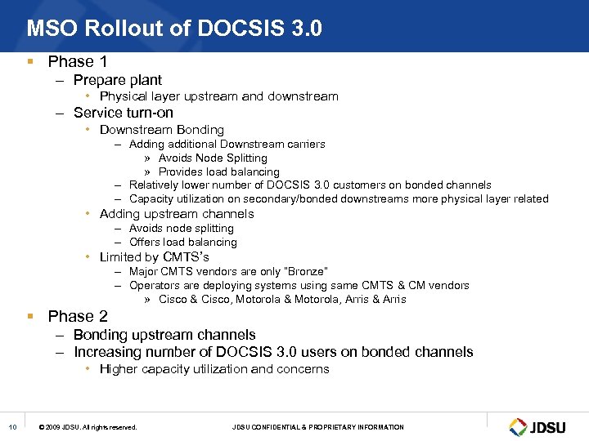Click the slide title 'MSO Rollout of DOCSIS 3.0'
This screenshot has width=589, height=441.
pyautogui.click(x=174, y=29)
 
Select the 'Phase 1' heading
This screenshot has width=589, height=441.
pyautogui.click(x=78, y=61)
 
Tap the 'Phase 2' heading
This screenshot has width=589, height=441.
pyautogui.click(x=78, y=316)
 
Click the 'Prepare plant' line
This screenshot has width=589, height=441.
pyautogui.click(x=118, y=80)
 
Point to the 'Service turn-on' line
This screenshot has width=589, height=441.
pyautogui.click(x=124, y=113)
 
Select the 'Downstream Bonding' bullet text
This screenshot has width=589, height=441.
pyautogui.click(x=161, y=129)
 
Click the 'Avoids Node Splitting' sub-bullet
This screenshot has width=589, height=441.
pyautogui.click(x=213, y=158)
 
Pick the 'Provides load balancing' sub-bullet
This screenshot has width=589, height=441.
pyautogui.click(x=219, y=171)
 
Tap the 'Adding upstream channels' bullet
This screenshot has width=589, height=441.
pyautogui.click(x=177, y=214)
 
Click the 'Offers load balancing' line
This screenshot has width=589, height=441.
pyautogui.click(x=183, y=242)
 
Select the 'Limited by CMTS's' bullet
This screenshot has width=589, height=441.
pyautogui.click(x=155, y=257)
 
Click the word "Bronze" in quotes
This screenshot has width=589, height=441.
pyautogui.click(x=307, y=271)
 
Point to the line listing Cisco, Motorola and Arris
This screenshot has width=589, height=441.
pyautogui.click(x=282, y=299)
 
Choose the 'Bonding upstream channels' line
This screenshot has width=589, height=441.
pyautogui.click(x=164, y=335)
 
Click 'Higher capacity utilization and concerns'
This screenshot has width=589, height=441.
pyautogui.click(x=214, y=369)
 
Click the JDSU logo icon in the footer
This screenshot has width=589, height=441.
pyautogui.click(x=518, y=427)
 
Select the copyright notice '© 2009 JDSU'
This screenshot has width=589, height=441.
pyautogui.click(x=88, y=427)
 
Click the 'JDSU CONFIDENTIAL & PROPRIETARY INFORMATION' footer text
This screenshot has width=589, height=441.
pyautogui.click(x=318, y=427)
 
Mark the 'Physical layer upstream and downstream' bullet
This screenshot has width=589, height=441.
pyautogui.click(x=218, y=96)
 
